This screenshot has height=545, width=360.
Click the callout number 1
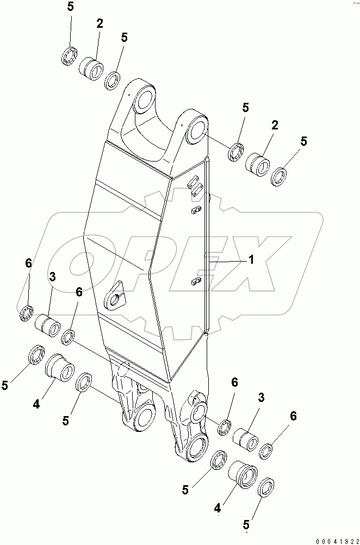251,261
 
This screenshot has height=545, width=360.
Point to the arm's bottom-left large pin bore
143,417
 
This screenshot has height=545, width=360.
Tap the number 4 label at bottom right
217,509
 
